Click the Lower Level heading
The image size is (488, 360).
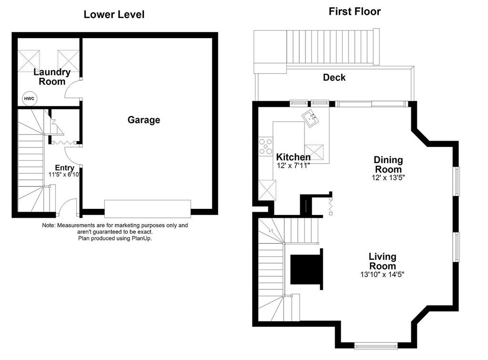[x=114, y=14]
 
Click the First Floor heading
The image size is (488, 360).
[x=355, y=11]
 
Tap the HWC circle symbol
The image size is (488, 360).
[x=29, y=98]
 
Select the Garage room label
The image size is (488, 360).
[x=143, y=120]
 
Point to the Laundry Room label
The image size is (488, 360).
[x=52, y=77]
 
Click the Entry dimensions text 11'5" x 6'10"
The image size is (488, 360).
[x=64, y=175]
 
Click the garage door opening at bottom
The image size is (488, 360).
[x=147, y=209]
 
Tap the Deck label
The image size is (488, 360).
[x=334, y=77]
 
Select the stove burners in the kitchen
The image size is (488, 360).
[x=265, y=146]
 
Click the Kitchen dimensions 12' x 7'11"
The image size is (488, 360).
[x=294, y=165]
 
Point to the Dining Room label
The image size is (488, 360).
[x=388, y=165]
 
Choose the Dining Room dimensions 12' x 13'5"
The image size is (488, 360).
[x=388, y=177]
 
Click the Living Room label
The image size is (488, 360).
[x=382, y=262]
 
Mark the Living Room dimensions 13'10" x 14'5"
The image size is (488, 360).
[x=382, y=274]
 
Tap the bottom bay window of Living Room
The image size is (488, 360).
[x=376, y=346]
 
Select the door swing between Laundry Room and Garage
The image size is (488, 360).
[x=72, y=89]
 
